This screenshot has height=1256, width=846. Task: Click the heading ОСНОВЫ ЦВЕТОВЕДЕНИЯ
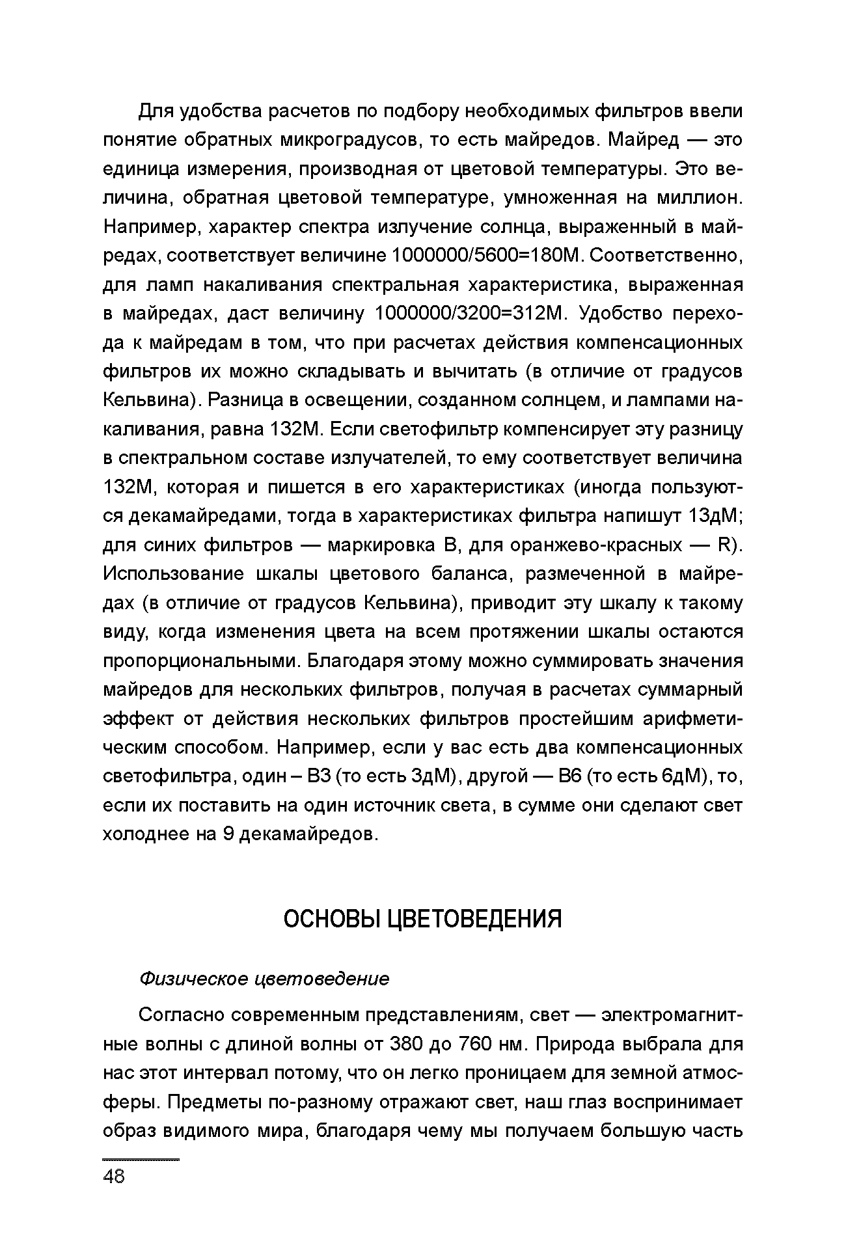pos(422,919)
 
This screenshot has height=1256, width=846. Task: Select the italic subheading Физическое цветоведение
pos(264,979)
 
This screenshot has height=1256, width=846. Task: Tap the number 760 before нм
pos(478,1044)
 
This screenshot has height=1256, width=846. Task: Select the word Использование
pos(174,574)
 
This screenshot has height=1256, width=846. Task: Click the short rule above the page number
pos(141,1160)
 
